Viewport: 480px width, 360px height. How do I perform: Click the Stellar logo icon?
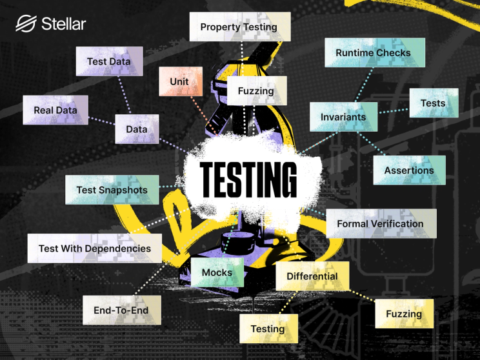coord(26,25)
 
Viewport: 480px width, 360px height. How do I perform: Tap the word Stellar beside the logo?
coord(63,25)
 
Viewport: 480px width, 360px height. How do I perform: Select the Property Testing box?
coord(239,27)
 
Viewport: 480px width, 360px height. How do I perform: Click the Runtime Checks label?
coord(373,52)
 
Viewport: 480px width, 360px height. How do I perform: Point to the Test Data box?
coord(108,61)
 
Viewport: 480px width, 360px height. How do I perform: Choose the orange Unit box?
coord(179,82)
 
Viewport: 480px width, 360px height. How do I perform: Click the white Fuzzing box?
coord(255,91)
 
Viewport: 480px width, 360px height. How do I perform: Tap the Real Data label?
coord(55,110)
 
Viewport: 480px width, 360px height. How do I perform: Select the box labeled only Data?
coord(137,129)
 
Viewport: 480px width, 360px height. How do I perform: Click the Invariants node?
coord(343,117)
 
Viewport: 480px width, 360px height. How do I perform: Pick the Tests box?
coord(433,103)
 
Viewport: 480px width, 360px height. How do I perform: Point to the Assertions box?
coord(409,170)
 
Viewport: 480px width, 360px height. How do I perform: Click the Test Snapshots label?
coord(112,190)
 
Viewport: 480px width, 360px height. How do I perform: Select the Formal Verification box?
coord(380,224)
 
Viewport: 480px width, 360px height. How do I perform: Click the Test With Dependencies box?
coord(94,248)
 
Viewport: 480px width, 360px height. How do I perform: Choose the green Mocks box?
coord(217,272)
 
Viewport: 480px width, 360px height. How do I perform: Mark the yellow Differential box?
coord(312,276)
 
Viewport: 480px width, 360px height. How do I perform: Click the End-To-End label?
coord(121,310)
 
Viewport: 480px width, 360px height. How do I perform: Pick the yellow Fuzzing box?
coord(404,314)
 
